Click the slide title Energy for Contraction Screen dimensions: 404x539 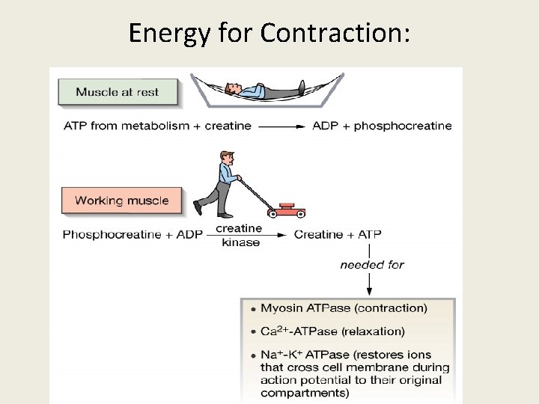click(x=269, y=33)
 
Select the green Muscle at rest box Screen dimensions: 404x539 click(x=118, y=93)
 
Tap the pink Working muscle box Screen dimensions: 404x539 click(x=121, y=201)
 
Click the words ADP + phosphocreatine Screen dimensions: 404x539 click(x=382, y=126)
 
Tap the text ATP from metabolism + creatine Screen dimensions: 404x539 click(x=156, y=126)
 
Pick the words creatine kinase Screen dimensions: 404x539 click(x=240, y=235)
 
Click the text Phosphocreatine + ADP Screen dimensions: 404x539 click(x=133, y=235)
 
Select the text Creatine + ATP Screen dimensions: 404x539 click(x=338, y=235)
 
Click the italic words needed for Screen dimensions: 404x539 click(x=371, y=264)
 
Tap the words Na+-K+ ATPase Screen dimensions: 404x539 click(x=299, y=355)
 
